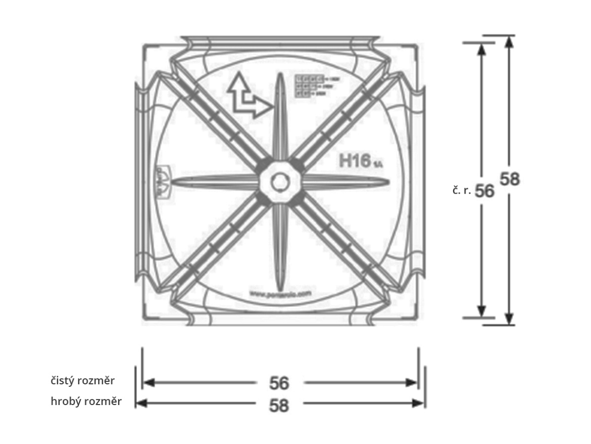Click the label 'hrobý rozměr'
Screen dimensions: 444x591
click(x=86, y=402)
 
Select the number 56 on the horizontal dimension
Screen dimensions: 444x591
click(x=279, y=383)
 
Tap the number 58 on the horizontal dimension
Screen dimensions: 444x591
click(x=279, y=405)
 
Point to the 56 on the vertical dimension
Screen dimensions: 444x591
click(x=485, y=191)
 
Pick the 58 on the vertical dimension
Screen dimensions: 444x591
click(x=510, y=179)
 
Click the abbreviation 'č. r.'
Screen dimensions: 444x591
click(x=462, y=191)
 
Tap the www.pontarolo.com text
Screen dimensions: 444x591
click(x=280, y=293)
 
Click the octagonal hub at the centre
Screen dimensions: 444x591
click(x=279, y=183)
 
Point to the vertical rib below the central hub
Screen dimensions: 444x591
click(x=279, y=248)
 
